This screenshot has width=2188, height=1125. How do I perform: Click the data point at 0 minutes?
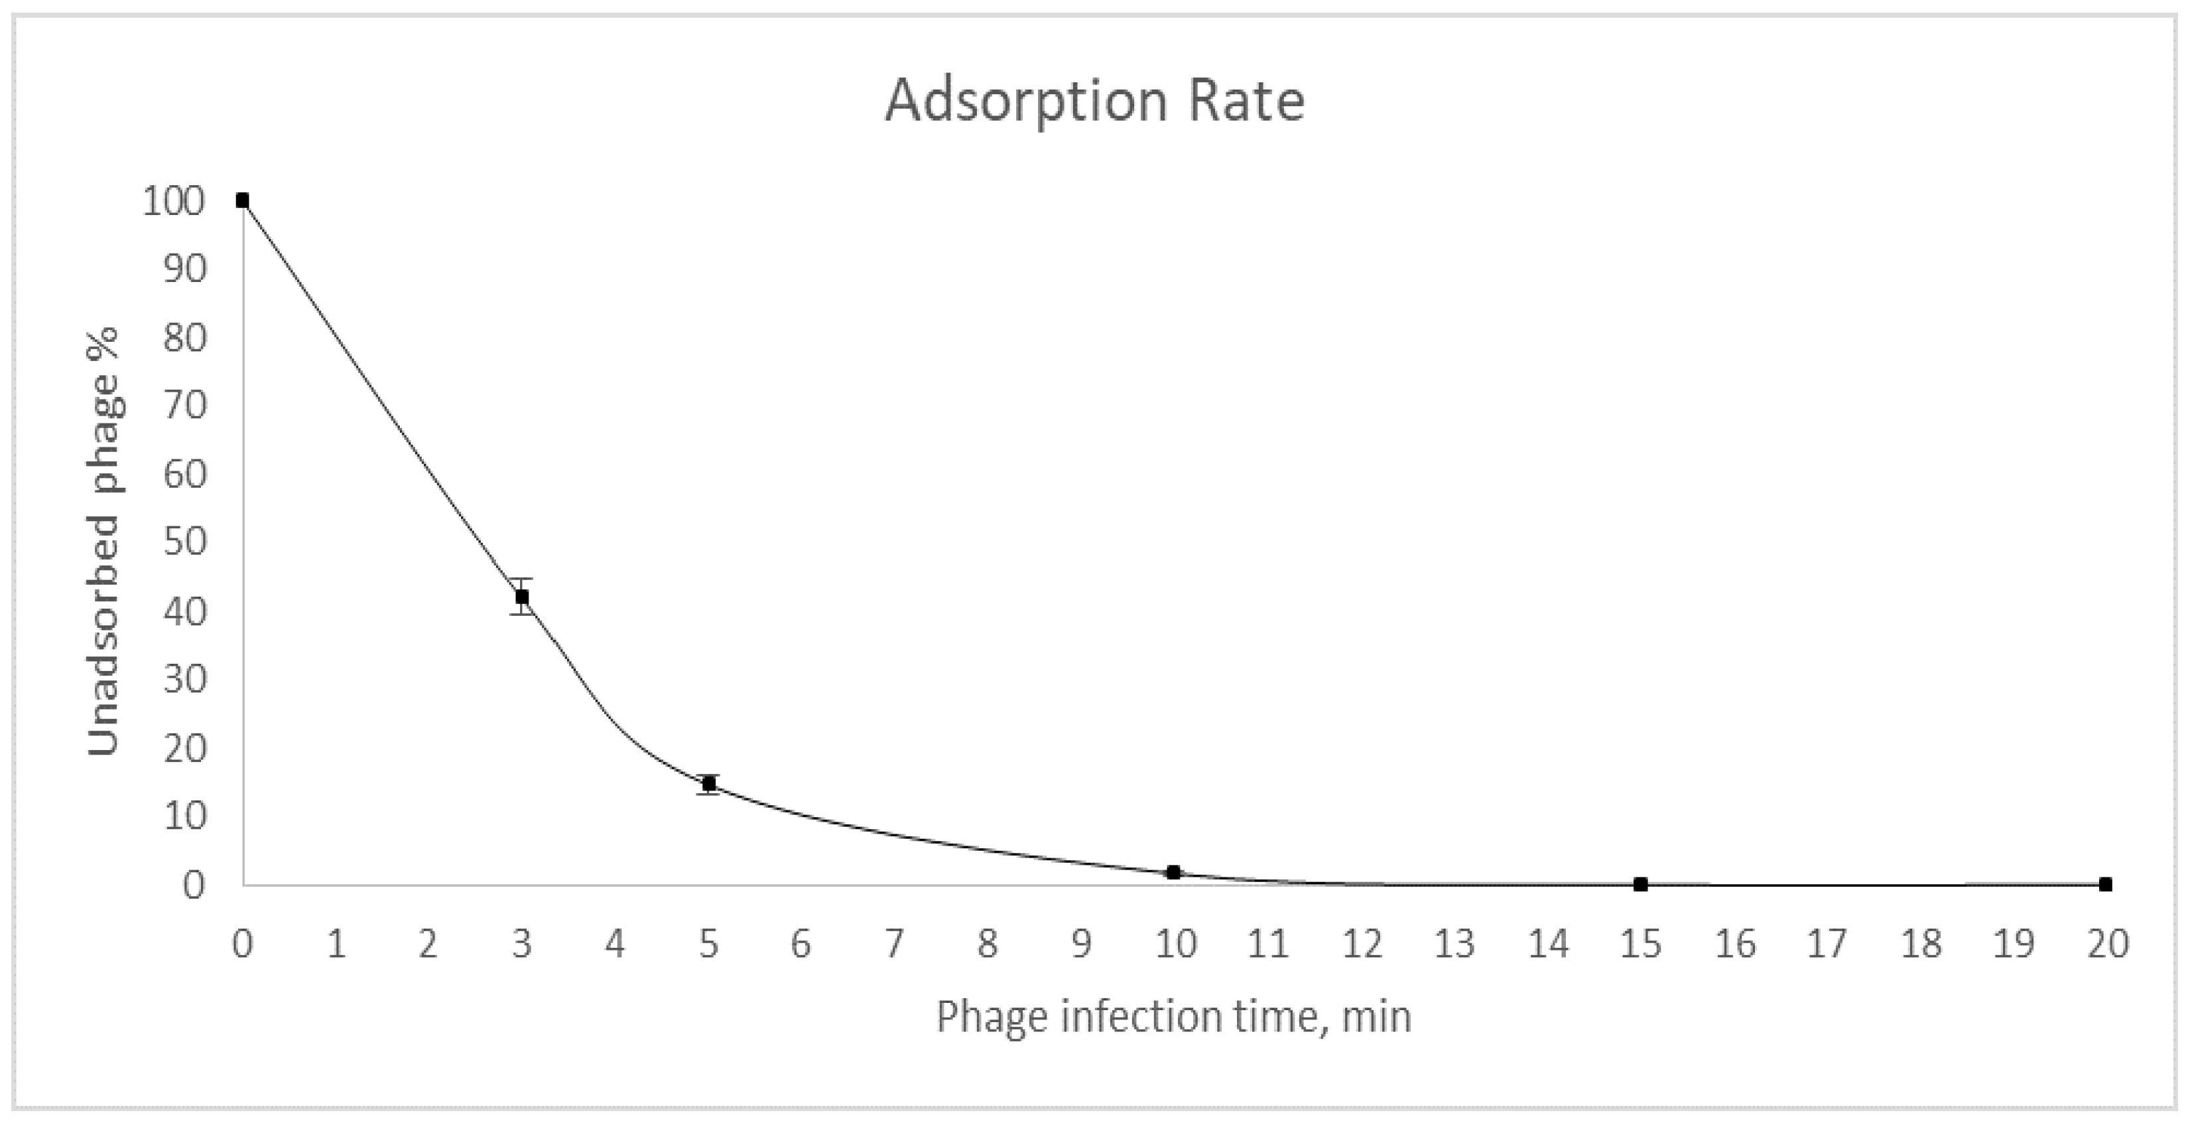242,200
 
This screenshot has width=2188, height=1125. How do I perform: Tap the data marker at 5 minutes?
709,783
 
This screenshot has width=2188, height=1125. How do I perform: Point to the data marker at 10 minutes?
1174,873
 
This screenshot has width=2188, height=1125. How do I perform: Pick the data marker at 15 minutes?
1640,885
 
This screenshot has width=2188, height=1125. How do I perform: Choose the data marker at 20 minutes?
2106,885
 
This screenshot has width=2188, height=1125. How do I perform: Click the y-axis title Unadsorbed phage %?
103,541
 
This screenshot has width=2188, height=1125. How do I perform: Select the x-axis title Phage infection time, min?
1174,1016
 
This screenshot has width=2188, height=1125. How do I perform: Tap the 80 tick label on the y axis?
184,338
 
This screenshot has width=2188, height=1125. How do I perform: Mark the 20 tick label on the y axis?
184,749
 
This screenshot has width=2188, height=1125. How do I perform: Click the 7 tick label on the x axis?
895,944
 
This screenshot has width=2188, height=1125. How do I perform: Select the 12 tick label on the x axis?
1361,944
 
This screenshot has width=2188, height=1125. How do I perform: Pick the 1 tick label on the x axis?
336,944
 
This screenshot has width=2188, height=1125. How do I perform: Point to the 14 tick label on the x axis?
1547,944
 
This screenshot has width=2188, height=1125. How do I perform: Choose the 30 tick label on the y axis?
184,680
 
